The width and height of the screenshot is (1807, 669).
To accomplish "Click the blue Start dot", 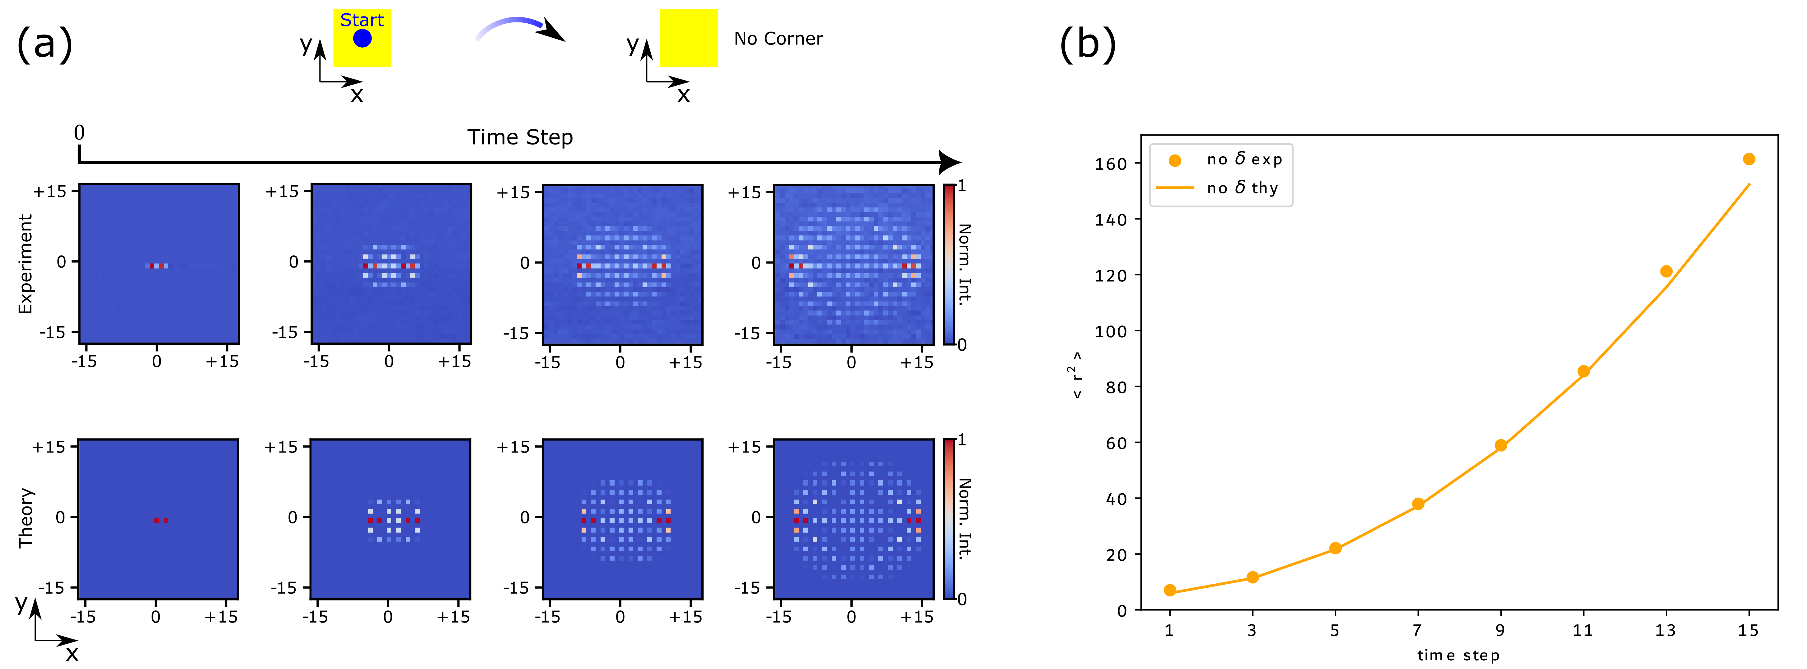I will [362, 39].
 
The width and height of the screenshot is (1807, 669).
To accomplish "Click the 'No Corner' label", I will [778, 39].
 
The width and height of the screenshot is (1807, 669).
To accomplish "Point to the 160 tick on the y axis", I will [1111, 164].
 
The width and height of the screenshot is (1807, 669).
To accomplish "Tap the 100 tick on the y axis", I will [1111, 331].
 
